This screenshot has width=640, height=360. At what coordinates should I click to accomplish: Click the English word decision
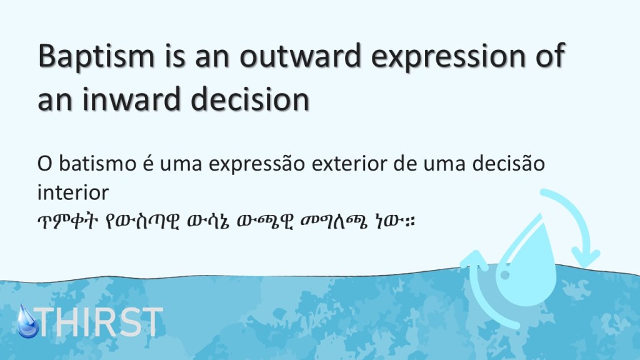tap(250, 99)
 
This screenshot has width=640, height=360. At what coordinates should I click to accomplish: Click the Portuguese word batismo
tap(97, 164)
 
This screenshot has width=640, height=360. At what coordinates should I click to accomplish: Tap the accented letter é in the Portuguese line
tap(147, 163)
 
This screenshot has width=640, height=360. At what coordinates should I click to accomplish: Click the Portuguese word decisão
tap(509, 163)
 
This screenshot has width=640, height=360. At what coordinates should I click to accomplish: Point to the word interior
tap(73, 192)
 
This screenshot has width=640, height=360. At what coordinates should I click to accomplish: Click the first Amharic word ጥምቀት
tap(67, 222)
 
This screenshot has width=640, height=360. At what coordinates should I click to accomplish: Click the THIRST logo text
tap(99, 322)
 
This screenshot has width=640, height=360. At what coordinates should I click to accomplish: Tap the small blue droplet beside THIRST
tap(27, 322)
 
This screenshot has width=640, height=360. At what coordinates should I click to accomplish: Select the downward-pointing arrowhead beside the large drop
tap(585, 256)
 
